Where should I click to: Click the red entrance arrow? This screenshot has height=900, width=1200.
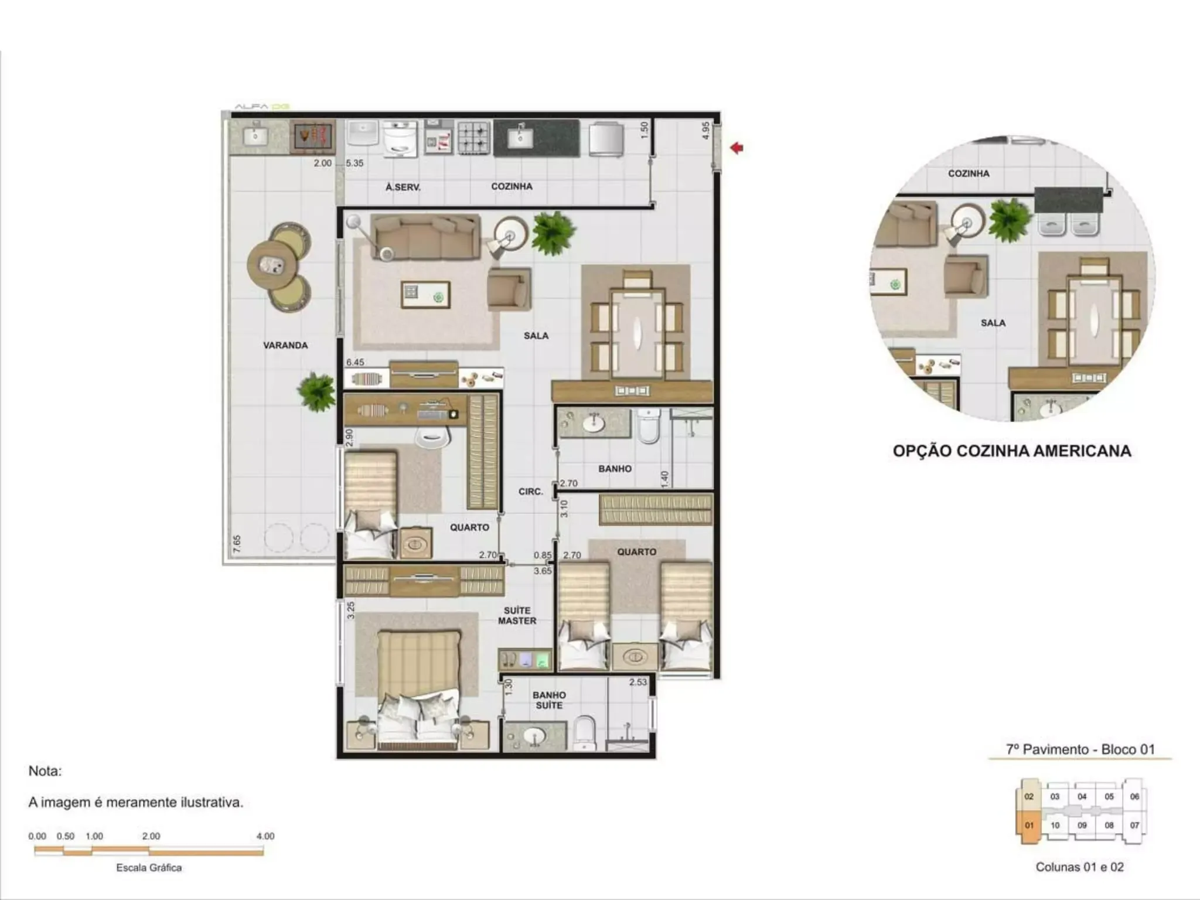pos(737,148)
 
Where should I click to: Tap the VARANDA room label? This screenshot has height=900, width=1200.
pos(285,346)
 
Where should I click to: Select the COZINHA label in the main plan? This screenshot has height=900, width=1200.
pos(512,186)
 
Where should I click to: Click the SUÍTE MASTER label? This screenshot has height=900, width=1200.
pos(517,616)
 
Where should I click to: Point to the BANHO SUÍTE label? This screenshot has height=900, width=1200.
pos(549,700)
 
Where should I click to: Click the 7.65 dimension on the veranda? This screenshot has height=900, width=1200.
pos(237,544)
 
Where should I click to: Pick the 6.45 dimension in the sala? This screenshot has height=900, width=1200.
pos(355,363)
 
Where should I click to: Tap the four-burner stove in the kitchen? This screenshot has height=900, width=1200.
pos(473,138)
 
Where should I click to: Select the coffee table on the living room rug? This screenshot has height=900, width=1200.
pos(426,295)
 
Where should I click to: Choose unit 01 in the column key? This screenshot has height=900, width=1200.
pos(1029,826)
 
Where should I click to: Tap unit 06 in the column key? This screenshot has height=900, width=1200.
pos(1134,796)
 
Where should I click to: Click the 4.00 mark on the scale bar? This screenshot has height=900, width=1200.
pos(265,836)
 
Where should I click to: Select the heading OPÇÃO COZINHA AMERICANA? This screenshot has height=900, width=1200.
pos(1012,451)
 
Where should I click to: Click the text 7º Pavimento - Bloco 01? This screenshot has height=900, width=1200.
pos(1080,749)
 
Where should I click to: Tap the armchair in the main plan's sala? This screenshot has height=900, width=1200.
pos(509,288)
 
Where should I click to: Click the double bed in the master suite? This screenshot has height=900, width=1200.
pos(418,690)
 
